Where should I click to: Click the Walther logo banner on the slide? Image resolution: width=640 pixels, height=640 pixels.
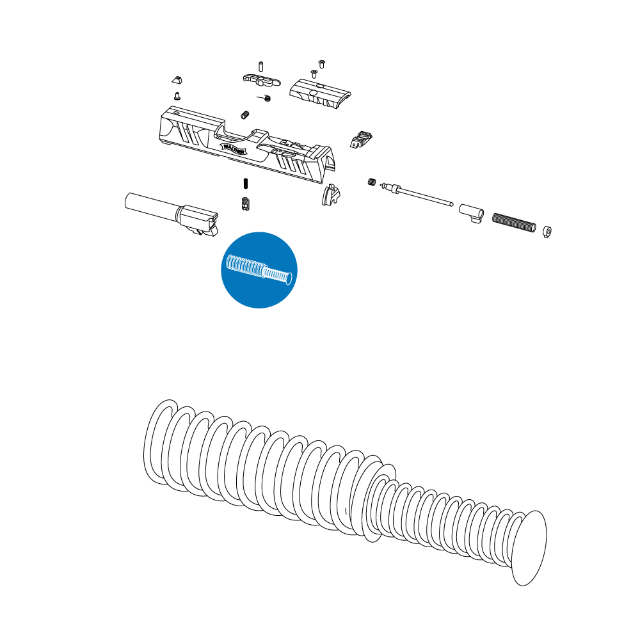click(234, 148)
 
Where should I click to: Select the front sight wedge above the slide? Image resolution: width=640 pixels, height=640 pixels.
click(177, 79)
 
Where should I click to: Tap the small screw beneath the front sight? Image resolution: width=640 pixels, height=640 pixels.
click(177, 95)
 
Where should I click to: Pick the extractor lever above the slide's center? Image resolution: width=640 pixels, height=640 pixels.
click(262, 79)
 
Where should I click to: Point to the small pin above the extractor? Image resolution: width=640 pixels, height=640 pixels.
click(261, 65)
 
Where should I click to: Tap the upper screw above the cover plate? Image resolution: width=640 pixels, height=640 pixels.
click(322, 63)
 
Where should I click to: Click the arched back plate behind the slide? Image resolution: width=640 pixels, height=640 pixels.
click(330, 195)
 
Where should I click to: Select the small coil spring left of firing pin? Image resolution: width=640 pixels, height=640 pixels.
click(371, 182)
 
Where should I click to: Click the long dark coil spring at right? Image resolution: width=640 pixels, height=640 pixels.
click(513, 222)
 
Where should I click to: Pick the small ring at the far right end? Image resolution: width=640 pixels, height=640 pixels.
click(547, 230)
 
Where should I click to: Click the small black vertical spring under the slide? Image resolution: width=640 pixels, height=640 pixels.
click(246, 184)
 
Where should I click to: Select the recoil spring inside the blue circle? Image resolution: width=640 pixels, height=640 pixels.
click(259, 270)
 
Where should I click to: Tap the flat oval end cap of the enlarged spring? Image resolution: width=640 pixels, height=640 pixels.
click(529, 548)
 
